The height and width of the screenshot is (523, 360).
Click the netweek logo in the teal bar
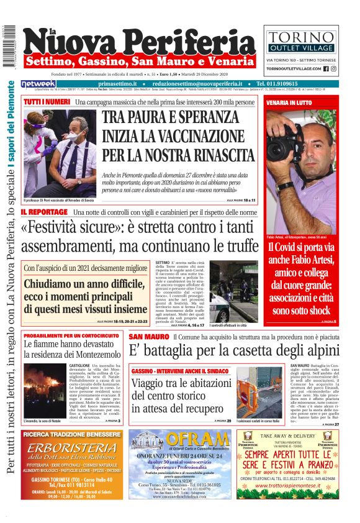click(x=38, y=83)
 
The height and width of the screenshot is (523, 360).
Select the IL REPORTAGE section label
click(x=43, y=212)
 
